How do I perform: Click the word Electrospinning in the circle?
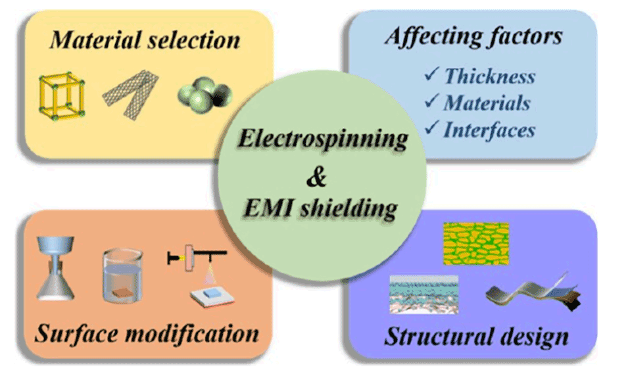coord(322,139)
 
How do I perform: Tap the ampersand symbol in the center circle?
coord(316,177)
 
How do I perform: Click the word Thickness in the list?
coord(489,76)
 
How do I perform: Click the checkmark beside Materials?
coord(431,101)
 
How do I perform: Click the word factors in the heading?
coord(525,36)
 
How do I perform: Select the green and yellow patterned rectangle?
coord(475,243)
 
